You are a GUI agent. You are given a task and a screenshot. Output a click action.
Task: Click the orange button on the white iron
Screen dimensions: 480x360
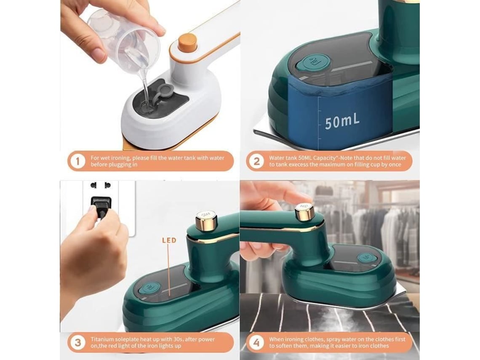click(187, 42)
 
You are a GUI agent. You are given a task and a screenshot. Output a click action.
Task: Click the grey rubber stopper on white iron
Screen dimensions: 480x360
click(165, 91)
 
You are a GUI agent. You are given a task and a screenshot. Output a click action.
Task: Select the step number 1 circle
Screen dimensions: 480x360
click(77, 161)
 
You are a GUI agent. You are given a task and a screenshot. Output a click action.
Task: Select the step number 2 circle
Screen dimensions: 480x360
click(256, 161)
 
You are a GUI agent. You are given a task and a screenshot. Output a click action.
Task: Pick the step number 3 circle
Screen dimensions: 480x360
click(77, 342)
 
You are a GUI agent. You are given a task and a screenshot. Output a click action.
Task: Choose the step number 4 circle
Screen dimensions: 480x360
click(256, 342)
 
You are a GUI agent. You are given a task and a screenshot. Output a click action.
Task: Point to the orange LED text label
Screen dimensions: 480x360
click(169, 240)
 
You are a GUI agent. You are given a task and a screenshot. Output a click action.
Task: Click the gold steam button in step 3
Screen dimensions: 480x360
click(206, 220)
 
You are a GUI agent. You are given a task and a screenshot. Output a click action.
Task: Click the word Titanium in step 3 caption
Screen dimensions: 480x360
click(102, 339)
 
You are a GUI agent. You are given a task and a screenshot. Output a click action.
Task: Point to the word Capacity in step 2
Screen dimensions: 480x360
click(324, 158)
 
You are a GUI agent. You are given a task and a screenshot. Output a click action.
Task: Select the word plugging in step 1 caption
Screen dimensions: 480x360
click(117, 165)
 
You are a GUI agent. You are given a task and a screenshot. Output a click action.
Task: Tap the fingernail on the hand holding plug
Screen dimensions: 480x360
click(92, 209)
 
